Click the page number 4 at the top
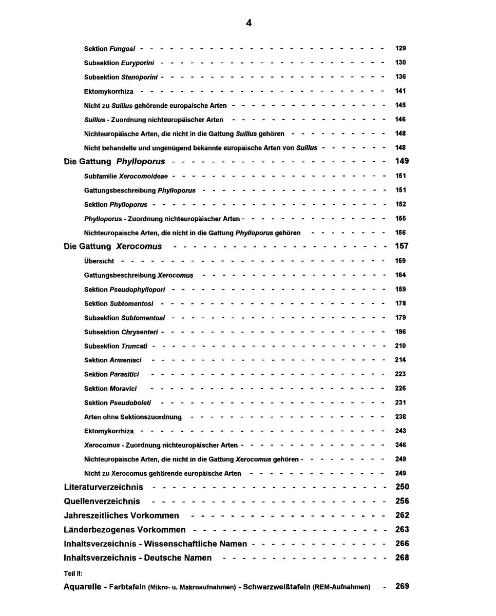249,23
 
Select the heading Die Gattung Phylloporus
115,162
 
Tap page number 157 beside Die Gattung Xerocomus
402,246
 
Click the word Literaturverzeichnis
103,487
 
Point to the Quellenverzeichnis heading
102,502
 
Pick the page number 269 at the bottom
402,586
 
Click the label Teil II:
73,573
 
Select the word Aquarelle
82,587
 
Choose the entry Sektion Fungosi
109,49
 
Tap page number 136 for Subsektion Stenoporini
400,77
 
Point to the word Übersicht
99,261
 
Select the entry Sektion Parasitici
111,375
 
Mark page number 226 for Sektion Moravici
400,389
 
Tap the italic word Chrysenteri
139,332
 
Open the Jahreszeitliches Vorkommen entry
121,515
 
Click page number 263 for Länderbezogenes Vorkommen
402,530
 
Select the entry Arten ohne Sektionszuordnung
132,417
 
